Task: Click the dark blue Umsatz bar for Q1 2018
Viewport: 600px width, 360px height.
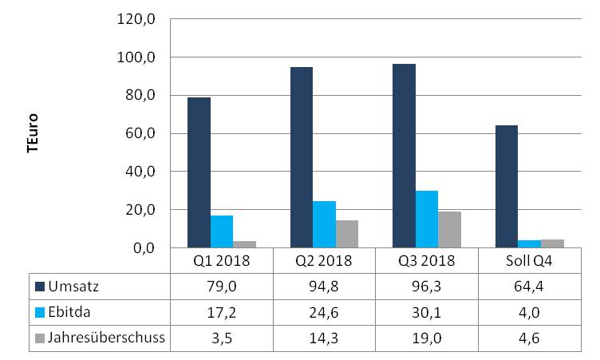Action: click(199, 172)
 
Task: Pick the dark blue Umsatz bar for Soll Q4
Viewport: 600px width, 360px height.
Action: click(507, 187)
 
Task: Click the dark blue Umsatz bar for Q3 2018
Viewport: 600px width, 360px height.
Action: click(404, 156)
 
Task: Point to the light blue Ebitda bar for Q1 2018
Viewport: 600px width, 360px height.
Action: click(222, 231)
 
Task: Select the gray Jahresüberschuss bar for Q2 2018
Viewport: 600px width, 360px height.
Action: click(348, 234)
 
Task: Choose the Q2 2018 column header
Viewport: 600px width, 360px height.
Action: click(324, 261)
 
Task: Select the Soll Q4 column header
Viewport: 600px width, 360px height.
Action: click(529, 261)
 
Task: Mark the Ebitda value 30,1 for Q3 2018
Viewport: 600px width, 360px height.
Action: click(427, 311)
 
